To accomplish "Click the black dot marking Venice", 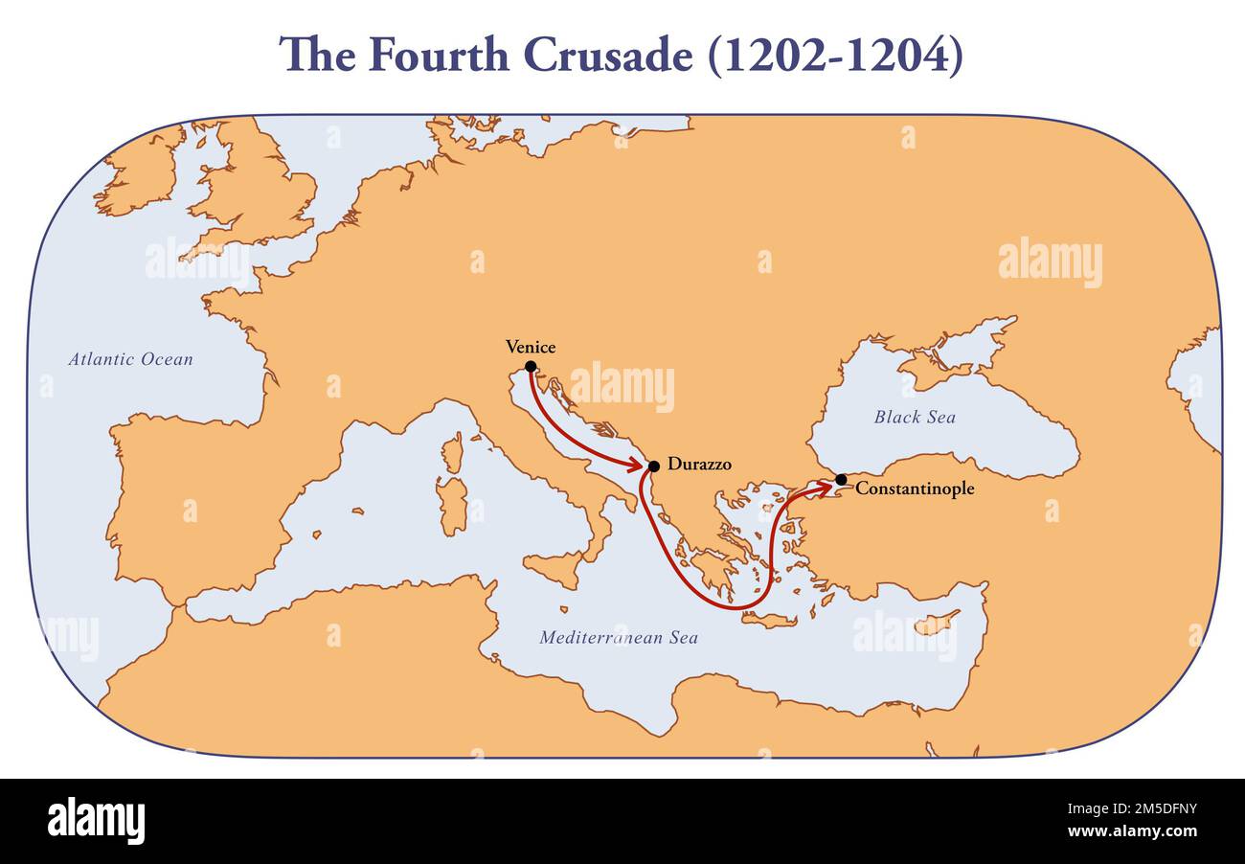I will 531,367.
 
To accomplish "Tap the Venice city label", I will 531,348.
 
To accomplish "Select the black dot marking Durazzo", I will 654,466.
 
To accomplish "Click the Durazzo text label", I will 699,465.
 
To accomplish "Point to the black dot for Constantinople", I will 841,479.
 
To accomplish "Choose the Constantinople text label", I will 915,489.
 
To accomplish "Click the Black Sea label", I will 915,417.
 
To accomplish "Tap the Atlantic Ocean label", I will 130,360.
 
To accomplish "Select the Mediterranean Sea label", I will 619,637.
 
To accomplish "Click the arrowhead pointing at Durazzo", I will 636,465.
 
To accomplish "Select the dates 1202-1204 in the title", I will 835,56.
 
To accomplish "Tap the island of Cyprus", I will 935,624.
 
